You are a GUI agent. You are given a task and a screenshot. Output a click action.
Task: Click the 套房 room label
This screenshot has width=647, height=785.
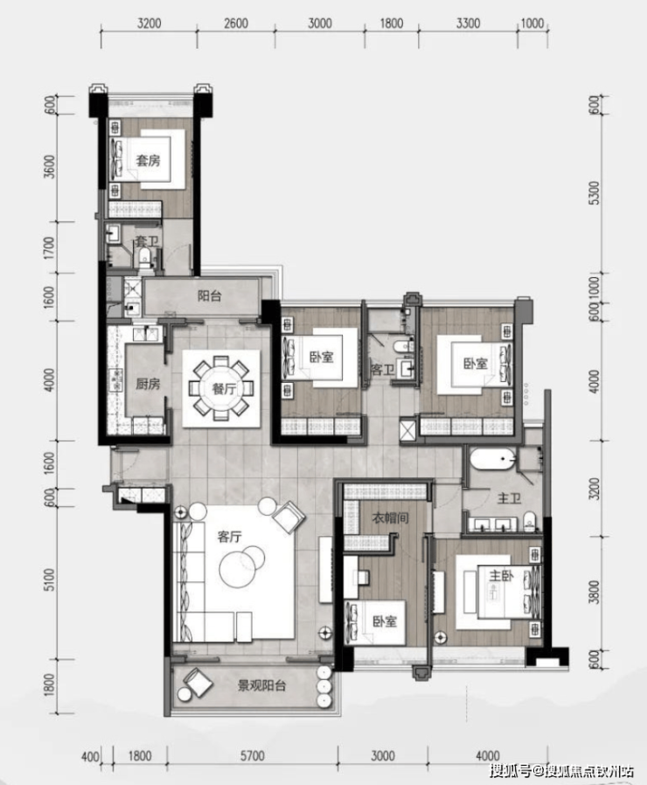click(x=149, y=160)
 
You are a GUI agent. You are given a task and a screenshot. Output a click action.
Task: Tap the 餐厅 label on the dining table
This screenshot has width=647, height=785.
click(x=224, y=388)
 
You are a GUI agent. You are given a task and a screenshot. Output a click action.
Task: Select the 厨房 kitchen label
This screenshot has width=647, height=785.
click(x=148, y=384)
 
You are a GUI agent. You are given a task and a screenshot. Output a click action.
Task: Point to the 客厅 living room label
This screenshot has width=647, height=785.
click(x=229, y=537)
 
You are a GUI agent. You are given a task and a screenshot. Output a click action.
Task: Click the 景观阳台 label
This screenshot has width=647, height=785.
click(x=261, y=685)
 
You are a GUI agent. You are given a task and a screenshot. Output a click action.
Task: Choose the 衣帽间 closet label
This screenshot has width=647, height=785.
click(x=390, y=518)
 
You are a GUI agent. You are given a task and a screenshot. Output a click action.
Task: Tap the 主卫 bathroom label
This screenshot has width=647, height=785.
click(x=509, y=498)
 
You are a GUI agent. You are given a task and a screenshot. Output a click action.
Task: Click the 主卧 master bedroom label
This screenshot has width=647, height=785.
click(x=501, y=576)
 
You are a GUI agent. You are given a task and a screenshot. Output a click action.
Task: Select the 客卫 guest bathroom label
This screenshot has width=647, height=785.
click(x=383, y=370)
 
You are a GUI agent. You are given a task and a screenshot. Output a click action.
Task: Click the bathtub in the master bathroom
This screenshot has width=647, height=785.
click(x=493, y=459)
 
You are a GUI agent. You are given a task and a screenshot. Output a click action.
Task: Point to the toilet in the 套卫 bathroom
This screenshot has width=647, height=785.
click(x=145, y=257)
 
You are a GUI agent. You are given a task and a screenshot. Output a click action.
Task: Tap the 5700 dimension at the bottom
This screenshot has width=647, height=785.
click(x=252, y=755)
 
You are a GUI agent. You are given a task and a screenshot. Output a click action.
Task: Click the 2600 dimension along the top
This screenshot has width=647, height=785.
click(x=236, y=24)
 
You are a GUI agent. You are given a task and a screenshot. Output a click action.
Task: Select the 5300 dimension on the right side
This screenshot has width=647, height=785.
click(x=594, y=192)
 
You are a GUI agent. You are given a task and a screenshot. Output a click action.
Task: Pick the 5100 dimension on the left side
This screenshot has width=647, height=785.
click(x=49, y=579)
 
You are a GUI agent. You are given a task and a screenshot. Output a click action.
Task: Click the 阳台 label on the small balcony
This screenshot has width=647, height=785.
click(x=209, y=295)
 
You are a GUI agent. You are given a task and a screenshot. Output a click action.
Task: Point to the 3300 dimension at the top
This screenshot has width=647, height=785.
click(x=469, y=24)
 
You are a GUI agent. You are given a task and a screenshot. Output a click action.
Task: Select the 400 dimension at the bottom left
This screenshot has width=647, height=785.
click(x=90, y=755)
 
